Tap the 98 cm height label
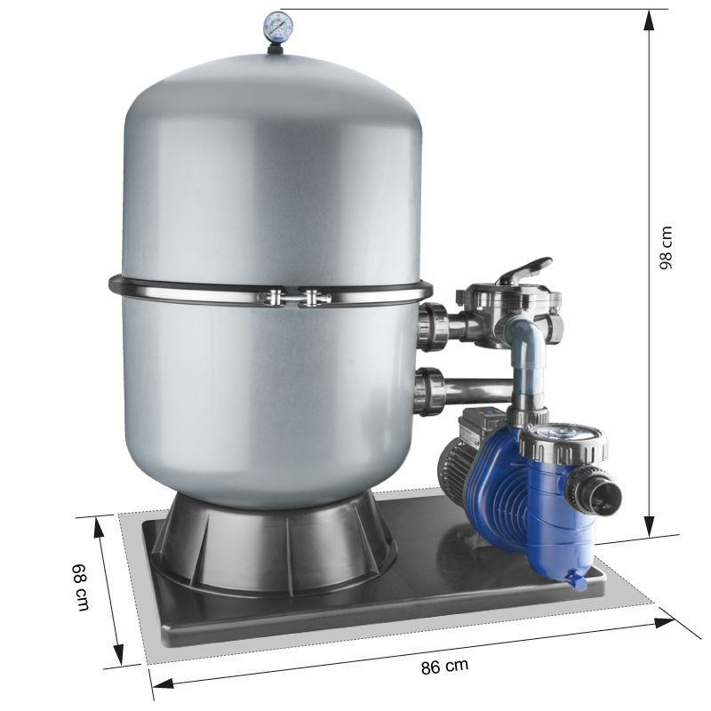(666, 248)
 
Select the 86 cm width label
(444, 666)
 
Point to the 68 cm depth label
(81, 587)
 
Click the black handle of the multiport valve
(526, 268)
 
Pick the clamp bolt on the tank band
(293, 298)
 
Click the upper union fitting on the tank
(433, 327)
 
